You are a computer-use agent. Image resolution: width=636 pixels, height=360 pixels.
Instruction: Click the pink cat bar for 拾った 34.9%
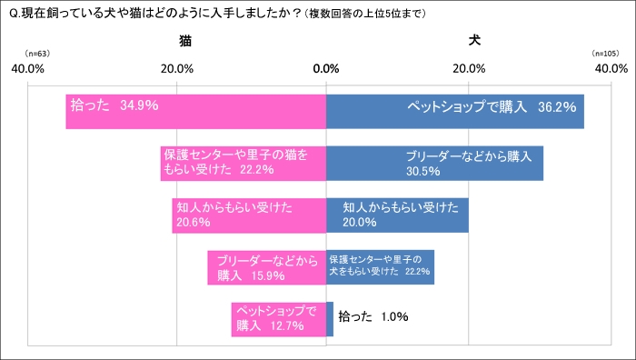[195, 111]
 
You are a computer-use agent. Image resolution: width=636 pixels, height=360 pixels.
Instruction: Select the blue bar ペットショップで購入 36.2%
[454, 111]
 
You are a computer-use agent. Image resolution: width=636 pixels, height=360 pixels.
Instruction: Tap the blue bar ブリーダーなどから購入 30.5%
[434, 163]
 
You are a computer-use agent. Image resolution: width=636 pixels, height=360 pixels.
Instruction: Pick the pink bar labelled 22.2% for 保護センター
[243, 163]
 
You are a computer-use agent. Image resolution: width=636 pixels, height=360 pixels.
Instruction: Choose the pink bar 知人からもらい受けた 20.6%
[249, 215]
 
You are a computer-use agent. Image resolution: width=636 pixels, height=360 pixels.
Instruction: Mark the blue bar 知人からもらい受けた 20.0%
[397, 215]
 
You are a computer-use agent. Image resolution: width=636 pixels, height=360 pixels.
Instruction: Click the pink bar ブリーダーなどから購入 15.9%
[266, 267]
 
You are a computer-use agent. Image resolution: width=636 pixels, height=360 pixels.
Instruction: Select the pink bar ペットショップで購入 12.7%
[278, 319]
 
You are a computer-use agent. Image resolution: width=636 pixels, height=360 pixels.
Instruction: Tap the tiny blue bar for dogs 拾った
[329, 319]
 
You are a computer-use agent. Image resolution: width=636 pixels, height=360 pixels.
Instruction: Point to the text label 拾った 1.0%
[373, 317]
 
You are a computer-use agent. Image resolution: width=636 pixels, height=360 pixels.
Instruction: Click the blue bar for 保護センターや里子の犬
[380, 267]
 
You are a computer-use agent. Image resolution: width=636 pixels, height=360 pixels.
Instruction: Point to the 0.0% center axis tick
[325, 69]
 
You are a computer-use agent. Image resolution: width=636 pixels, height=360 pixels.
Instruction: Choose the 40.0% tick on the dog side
[611, 69]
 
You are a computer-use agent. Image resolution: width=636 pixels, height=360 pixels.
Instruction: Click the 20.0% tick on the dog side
[469, 69]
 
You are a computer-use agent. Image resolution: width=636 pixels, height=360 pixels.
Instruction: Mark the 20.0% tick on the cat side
[176, 69]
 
